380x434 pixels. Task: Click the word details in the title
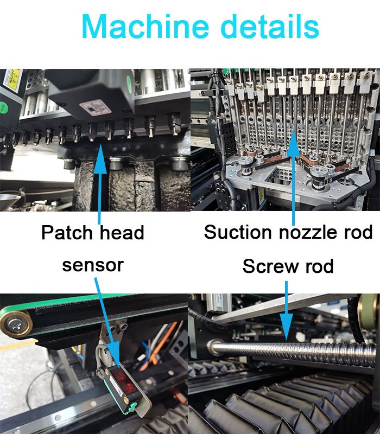point(270,26)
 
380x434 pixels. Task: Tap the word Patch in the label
point(67,232)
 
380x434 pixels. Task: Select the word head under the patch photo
point(122,232)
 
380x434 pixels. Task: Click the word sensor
point(93,265)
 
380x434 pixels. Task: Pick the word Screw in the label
point(269,266)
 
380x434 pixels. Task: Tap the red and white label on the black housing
point(95,107)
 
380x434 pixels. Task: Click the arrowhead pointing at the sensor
point(114,355)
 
